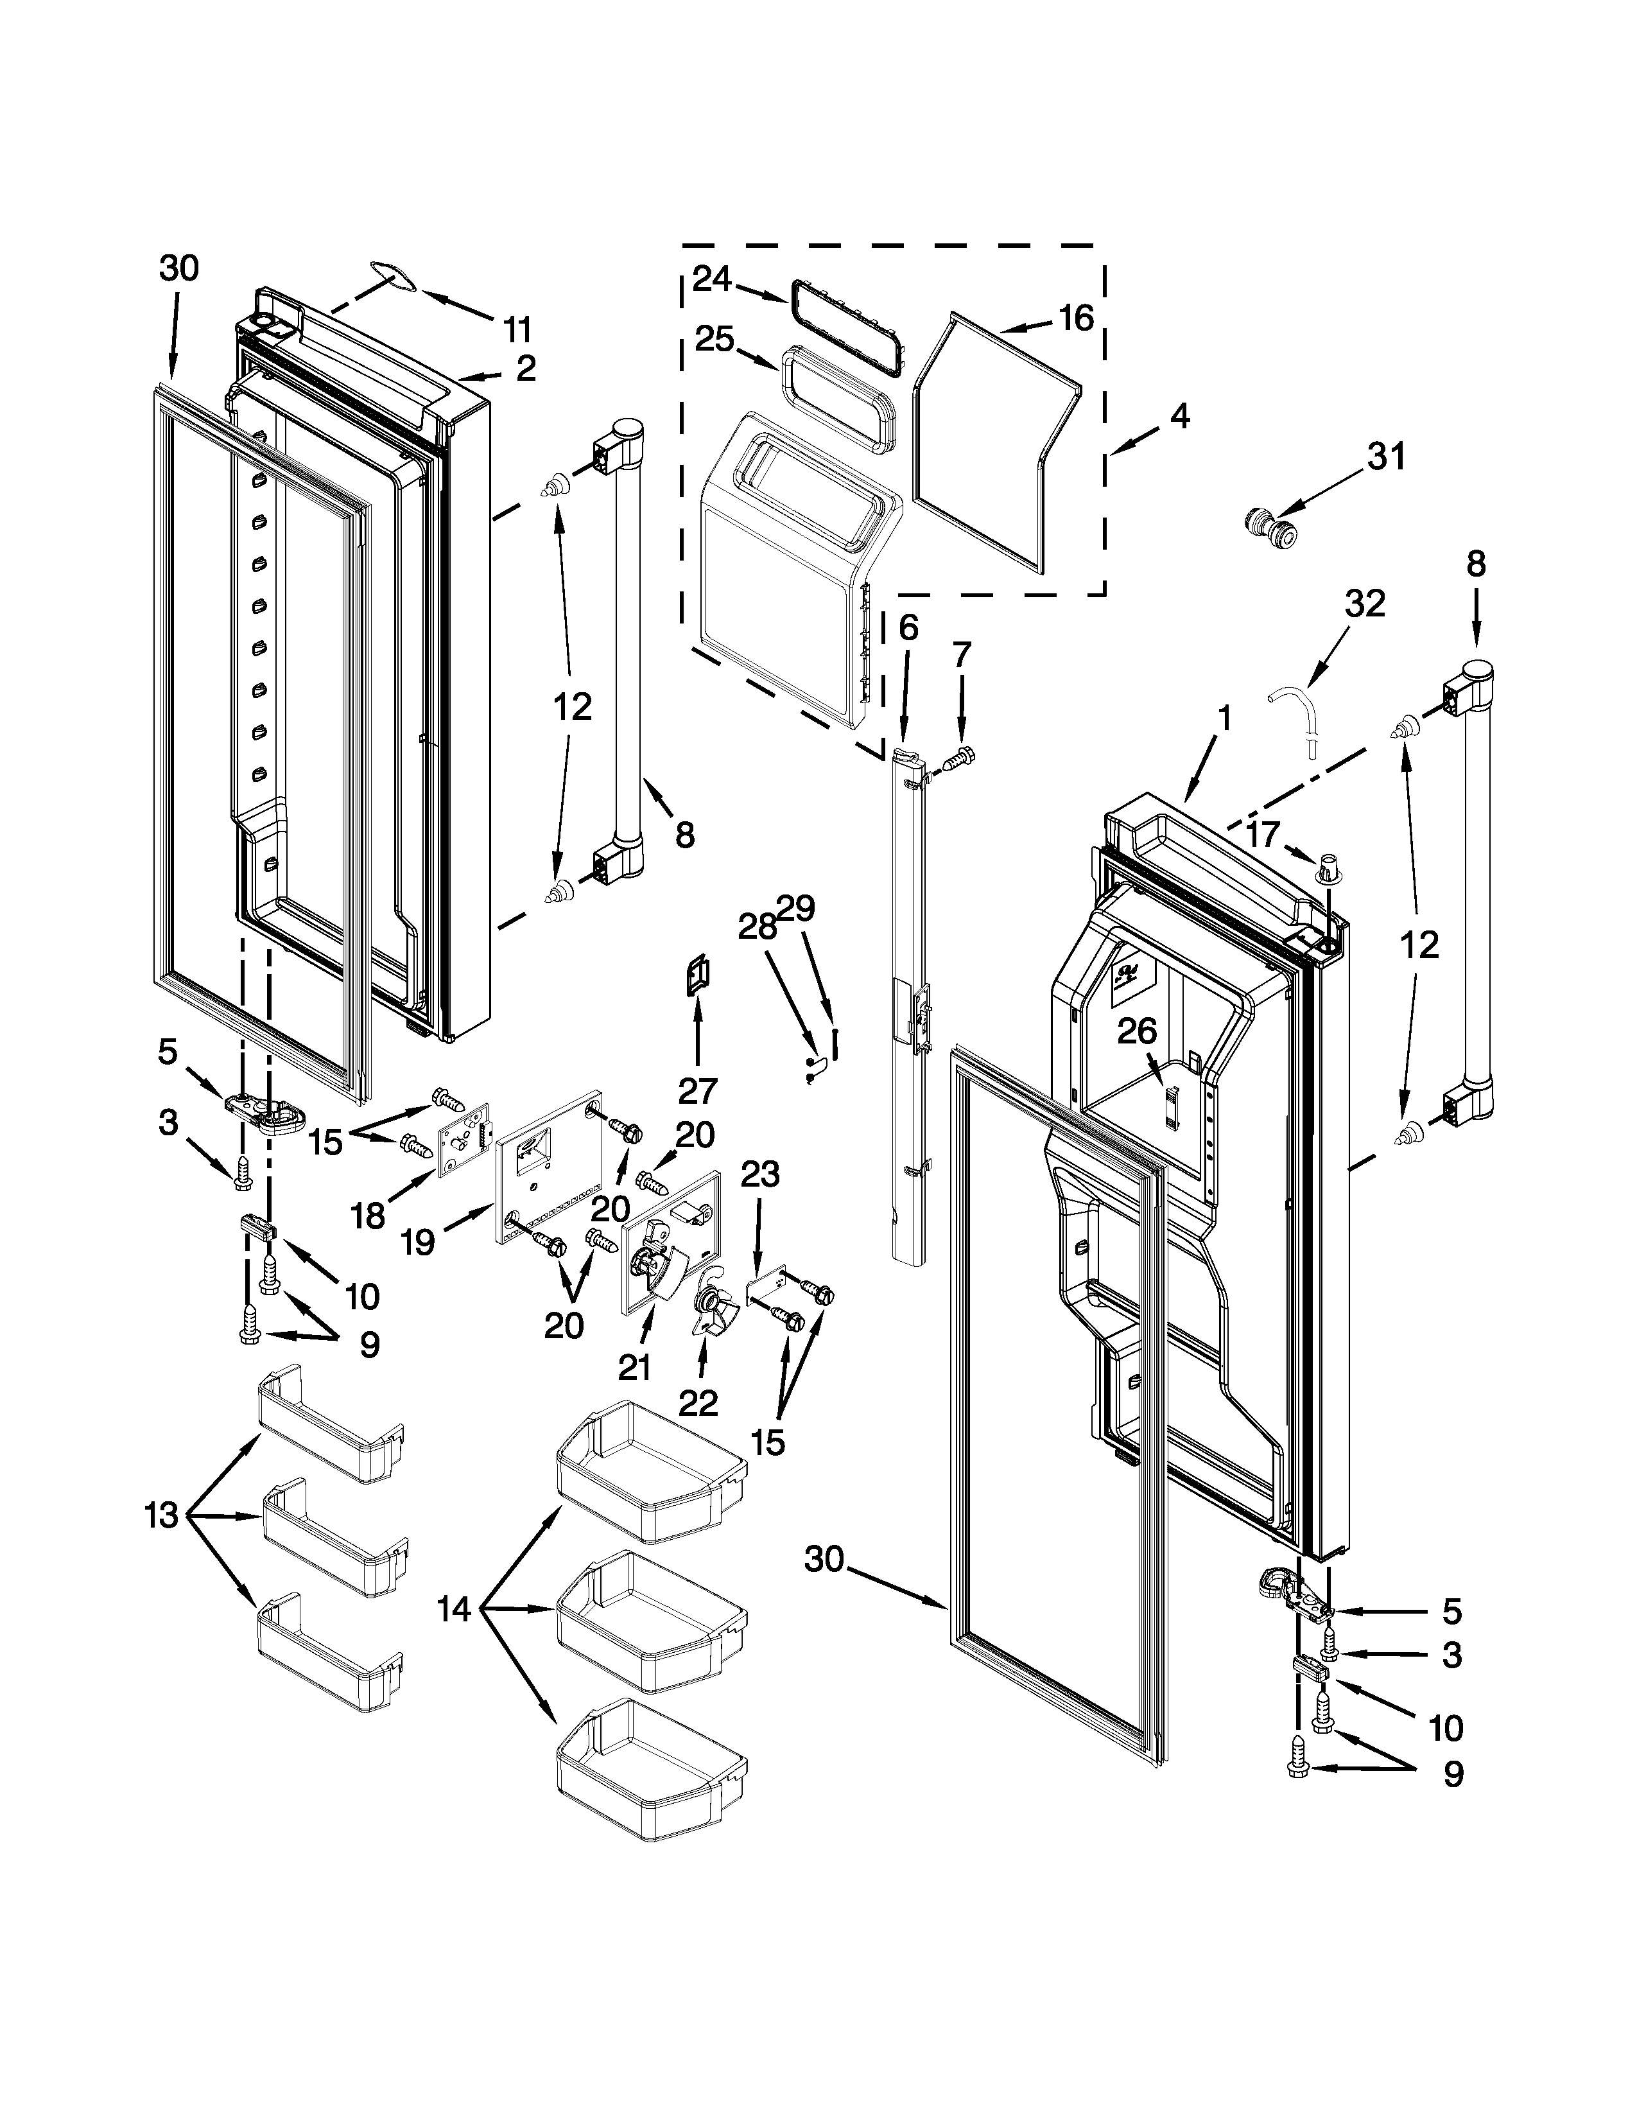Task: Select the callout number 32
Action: coord(1365,604)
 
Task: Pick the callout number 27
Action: coord(697,1092)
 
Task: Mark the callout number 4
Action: coord(1178,416)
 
